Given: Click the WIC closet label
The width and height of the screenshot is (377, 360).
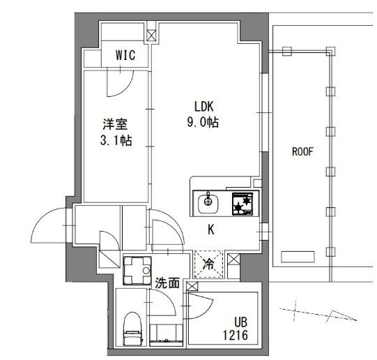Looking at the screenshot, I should (126, 54).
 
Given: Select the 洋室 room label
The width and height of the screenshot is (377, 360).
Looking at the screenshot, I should (116, 124).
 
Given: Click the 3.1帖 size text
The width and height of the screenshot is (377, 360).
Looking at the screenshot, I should (116, 140).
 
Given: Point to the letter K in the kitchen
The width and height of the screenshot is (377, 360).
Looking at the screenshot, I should (209, 229).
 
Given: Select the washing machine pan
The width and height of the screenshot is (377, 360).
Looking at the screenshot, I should (137, 271).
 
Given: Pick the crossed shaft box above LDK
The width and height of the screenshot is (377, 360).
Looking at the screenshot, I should (152, 33).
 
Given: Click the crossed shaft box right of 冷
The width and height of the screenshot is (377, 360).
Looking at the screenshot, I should (233, 263).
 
